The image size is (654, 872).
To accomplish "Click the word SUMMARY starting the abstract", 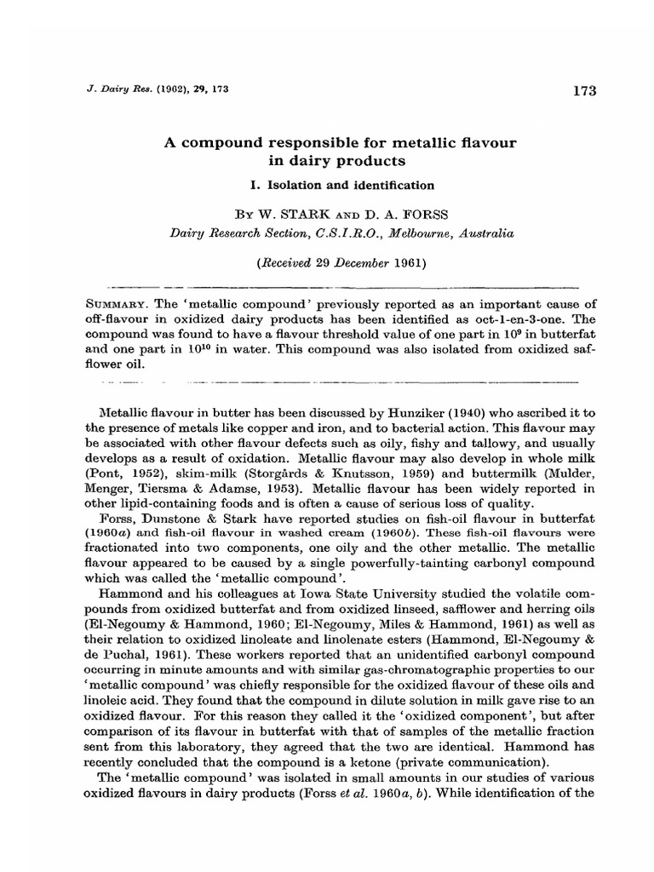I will pyautogui.click(x=118, y=305).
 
